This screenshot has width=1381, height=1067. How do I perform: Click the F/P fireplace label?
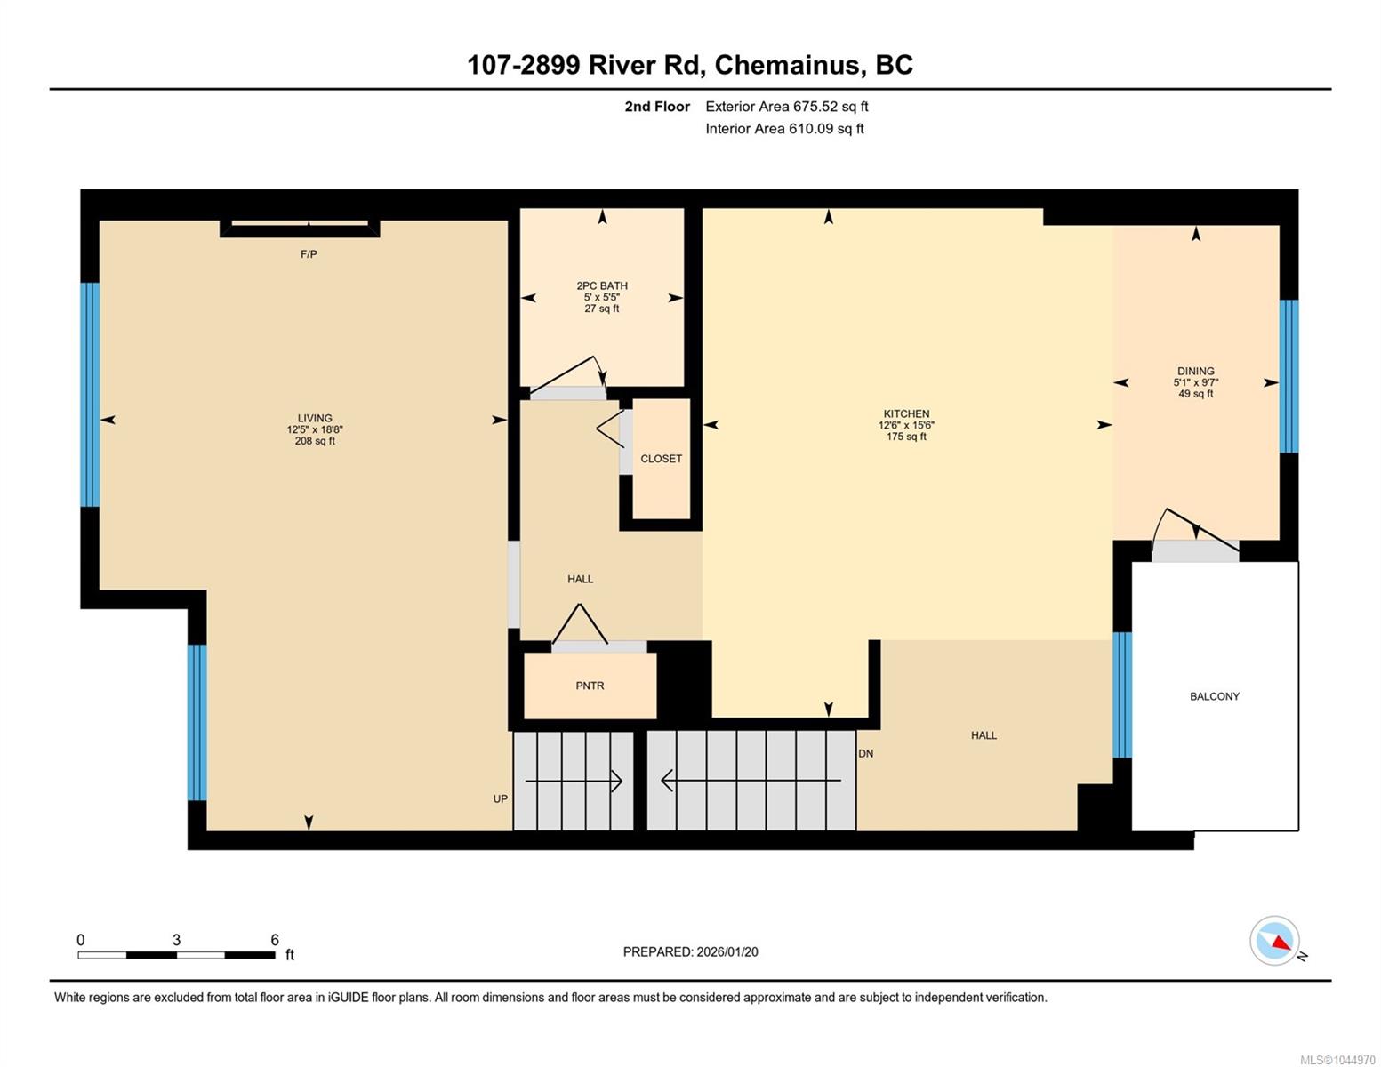[x=309, y=254]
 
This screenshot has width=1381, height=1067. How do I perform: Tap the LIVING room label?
[x=315, y=418]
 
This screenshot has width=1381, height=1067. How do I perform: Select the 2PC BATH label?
[x=602, y=286]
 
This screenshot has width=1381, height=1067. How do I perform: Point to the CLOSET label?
[x=661, y=459]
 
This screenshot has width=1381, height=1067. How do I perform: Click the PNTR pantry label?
[x=590, y=686]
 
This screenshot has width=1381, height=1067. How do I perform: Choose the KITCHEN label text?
[x=906, y=413]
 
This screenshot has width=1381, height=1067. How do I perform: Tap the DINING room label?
[x=1195, y=371]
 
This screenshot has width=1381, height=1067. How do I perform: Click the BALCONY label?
[x=1215, y=696]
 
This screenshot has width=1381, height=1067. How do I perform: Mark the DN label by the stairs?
[x=865, y=754]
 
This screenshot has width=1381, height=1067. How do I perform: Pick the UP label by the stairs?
[x=500, y=798]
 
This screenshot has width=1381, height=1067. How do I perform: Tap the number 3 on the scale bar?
[x=176, y=940]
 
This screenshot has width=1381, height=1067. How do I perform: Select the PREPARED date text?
[x=690, y=952]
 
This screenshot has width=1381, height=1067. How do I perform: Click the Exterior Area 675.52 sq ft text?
[x=786, y=107]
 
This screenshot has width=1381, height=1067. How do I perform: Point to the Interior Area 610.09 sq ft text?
[x=784, y=129]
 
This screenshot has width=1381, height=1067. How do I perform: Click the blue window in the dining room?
[x=1289, y=376]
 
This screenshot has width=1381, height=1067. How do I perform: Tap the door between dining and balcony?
[x=1195, y=550]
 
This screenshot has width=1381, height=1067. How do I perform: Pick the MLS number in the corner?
[x=1337, y=1060]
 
